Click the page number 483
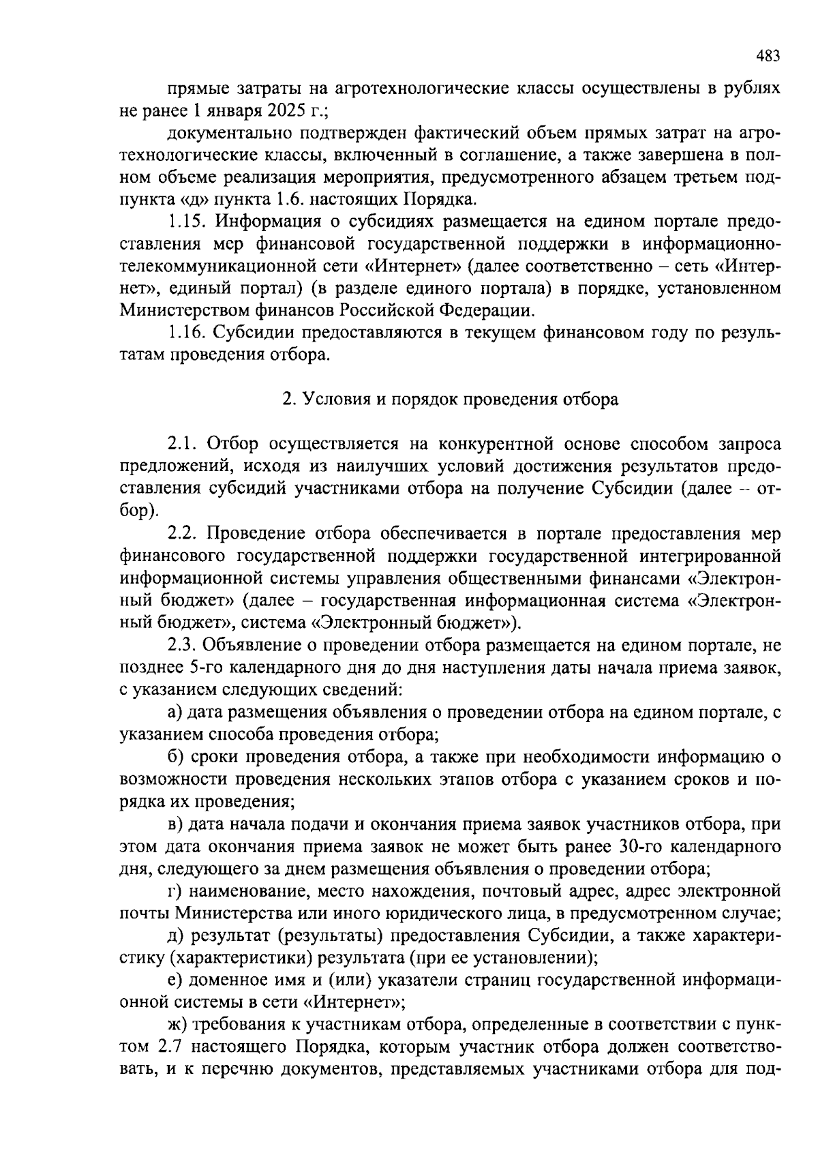click(768, 57)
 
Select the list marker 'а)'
click(175, 712)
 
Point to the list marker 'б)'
click(175, 757)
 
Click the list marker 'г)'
click(175, 891)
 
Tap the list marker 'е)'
click(175, 980)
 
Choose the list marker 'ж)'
click(177, 1025)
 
